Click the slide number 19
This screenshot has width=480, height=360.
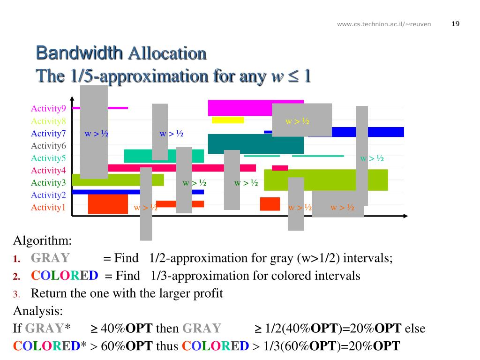click(x=455, y=24)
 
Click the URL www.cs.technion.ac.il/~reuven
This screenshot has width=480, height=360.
click(x=384, y=24)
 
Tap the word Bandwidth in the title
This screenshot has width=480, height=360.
click(x=80, y=53)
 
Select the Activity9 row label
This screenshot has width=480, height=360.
click(x=48, y=109)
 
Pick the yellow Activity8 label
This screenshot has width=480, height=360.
click(x=48, y=121)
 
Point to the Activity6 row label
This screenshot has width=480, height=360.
click(x=48, y=146)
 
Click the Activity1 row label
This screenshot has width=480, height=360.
click(x=48, y=207)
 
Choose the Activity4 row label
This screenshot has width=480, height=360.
click(x=48, y=170)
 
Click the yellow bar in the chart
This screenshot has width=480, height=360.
click(x=228, y=120)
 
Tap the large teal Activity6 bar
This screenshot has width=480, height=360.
click(x=255, y=144)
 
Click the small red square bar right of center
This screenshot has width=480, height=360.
click(x=270, y=204)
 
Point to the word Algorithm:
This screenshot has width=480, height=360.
click(x=42, y=241)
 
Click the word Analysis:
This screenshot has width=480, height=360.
click(x=37, y=311)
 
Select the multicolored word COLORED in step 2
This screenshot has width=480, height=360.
click(x=65, y=276)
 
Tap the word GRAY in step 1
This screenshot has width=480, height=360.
click(x=50, y=258)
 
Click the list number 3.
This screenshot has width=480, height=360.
click(x=15, y=294)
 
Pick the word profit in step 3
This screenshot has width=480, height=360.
click(x=206, y=293)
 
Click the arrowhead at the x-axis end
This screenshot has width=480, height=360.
click(x=405, y=216)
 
